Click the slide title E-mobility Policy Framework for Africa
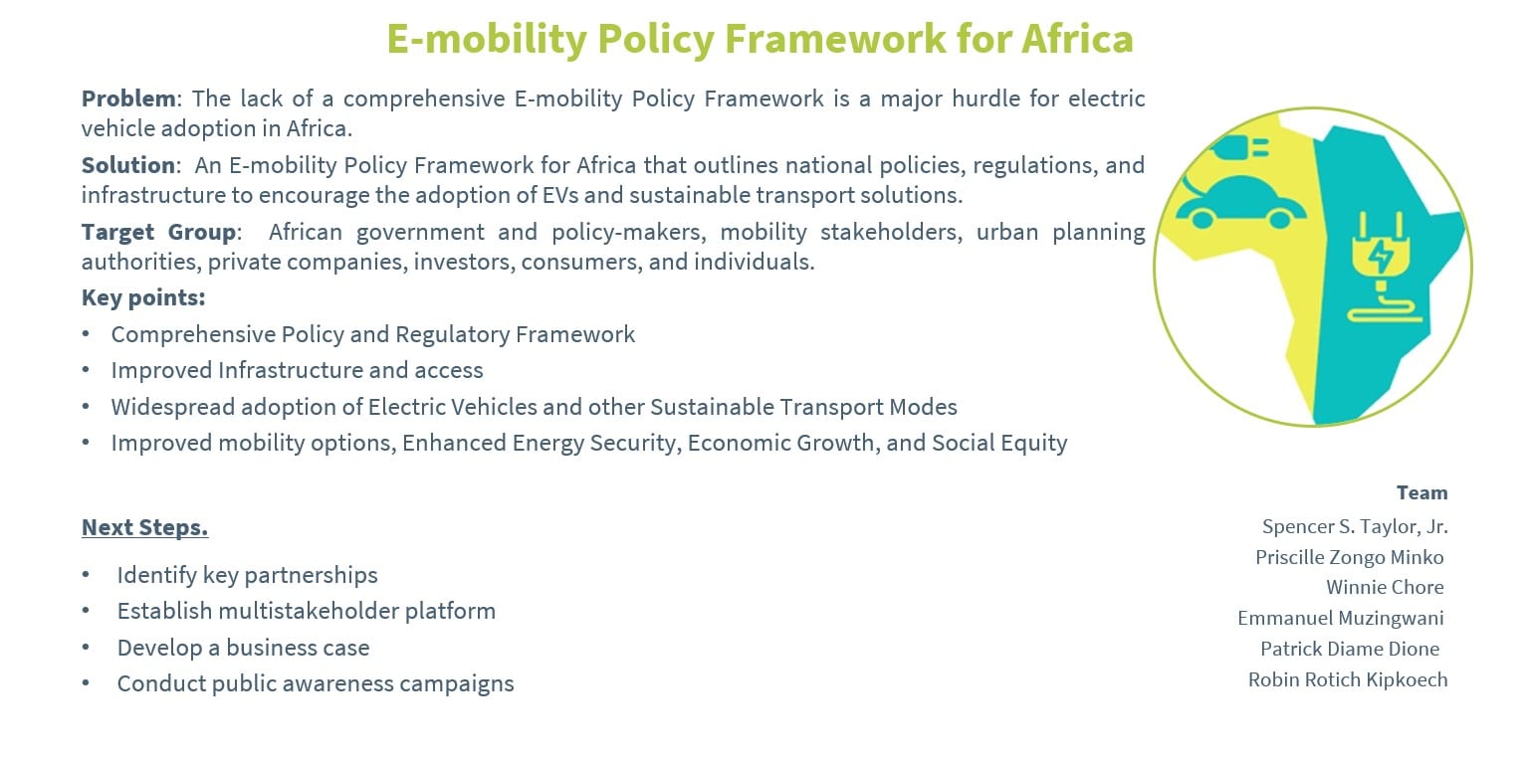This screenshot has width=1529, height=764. click(760, 40)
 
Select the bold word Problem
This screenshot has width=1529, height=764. click(128, 98)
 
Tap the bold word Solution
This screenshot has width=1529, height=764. click(128, 165)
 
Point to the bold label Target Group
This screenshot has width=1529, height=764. click(159, 232)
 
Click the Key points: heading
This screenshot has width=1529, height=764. click(143, 297)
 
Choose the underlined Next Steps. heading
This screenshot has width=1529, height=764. click(144, 527)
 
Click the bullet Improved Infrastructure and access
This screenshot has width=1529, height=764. click(297, 370)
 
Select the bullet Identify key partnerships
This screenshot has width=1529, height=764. click(247, 575)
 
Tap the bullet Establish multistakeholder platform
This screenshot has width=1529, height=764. click(306, 611)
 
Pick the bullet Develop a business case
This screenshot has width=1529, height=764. click(243, 648)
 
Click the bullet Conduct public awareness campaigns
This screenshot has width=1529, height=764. click(315, 683)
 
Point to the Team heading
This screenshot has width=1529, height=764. click(1421, 492)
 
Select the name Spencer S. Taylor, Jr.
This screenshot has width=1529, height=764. click(1355, 526)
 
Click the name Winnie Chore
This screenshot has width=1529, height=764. click(1385, 587)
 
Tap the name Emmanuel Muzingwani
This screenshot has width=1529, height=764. click(1340, 618)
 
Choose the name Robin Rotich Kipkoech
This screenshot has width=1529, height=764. click(1348, 679)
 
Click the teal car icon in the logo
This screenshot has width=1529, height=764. click(1240, 203)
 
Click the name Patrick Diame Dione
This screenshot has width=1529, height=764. click(1349, 649)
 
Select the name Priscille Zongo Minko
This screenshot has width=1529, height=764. click(1349, 557)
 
